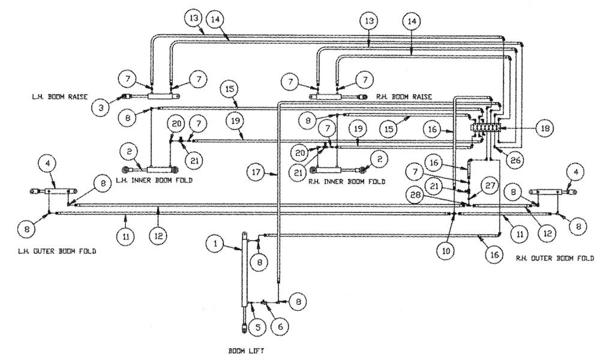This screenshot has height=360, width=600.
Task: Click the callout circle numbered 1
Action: point(215,243)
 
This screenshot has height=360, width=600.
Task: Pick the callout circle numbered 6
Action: point(280,328)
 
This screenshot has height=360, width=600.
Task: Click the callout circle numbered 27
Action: point(489,186)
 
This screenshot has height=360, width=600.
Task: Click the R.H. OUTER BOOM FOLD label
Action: point(554,259)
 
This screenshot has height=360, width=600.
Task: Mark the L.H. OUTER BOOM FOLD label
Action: point(58,252)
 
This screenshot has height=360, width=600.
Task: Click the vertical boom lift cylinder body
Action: point(245,270)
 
